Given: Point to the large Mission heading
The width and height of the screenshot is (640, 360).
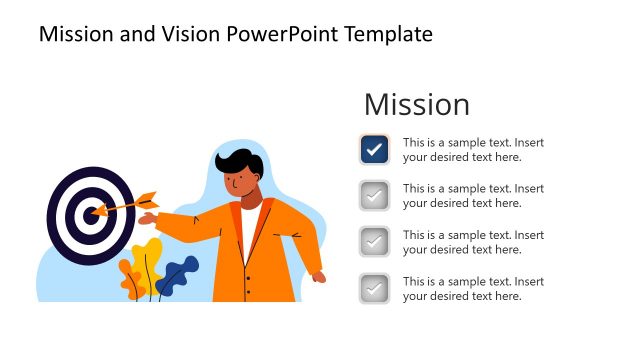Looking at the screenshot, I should pyautogui.click(x=416, y=104).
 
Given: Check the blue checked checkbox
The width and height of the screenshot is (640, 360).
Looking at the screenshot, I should pyautogui.click(x=374, y=149).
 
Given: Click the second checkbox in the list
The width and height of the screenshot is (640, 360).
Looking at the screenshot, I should pyautogui.click(x=374, y=196).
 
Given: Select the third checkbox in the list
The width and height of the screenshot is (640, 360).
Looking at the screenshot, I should pyautogui.click(x=374, y=242).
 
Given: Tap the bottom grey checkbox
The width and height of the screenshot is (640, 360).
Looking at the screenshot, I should pyautogui.click(x=374, y=288).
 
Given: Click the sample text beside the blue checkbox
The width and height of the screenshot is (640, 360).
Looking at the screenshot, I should pyautogui.click(x=473, y=149).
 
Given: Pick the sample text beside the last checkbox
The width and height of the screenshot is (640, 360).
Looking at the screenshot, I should pyautogui.click(x=473, y=288).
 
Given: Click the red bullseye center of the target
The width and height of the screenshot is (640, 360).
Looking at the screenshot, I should pyautogui.click(x=92, y=211).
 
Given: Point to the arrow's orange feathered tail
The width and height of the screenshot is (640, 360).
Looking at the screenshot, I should pyautogui.click(x=147, y=197).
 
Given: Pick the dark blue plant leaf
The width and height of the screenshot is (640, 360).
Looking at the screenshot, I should pyautogui.click(x=179, y=273).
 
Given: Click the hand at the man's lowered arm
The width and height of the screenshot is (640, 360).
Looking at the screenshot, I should pyautogui.click(x=317, y=277).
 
